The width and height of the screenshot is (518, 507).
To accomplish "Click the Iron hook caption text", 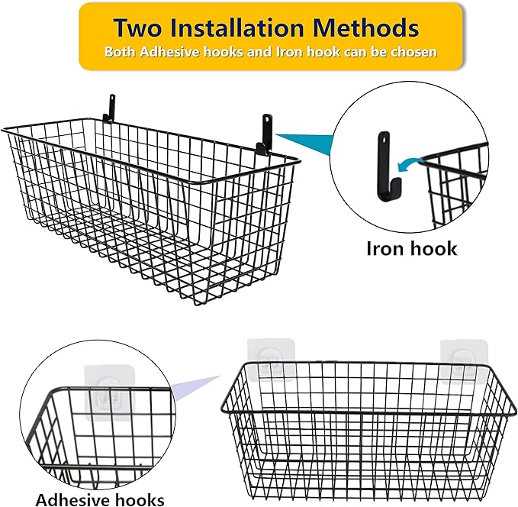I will [x=412, y=248].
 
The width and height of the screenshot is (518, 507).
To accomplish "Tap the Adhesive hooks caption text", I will [x=100, y=500].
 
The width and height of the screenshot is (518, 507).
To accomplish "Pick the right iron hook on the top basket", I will [x=265, y=131].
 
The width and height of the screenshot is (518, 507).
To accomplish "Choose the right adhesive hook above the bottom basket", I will [x=461, y=358].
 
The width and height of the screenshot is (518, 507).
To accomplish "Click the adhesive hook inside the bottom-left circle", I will [x=106, y=387].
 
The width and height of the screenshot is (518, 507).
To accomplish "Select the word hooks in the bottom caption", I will [x=139, y=500].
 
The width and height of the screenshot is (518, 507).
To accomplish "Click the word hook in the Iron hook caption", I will [x=433, y=248].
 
